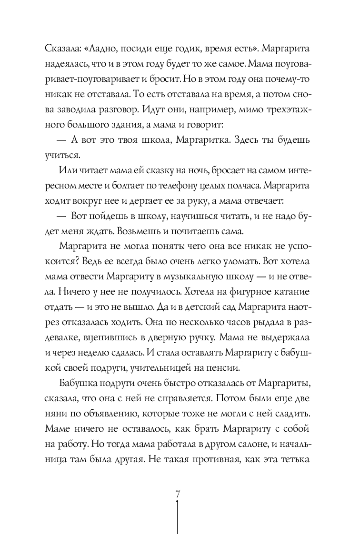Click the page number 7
[x=178, y=494]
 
